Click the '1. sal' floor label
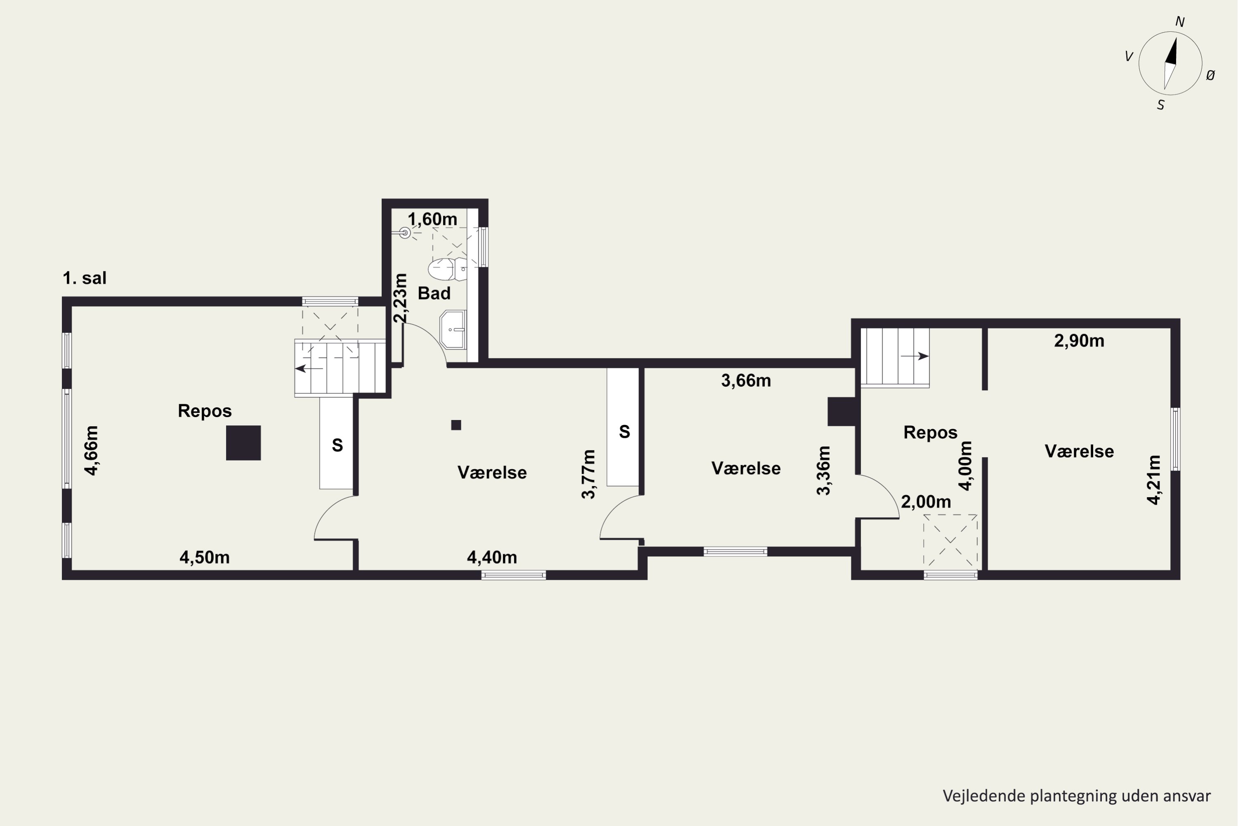[x=85, y=278]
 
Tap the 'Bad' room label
[x=434, y=293]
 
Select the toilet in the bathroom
[x=447, y=269]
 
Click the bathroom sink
[x=453, y=330]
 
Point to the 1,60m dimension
[x=432, y=219]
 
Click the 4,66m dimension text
[x=92, y=451]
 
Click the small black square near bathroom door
[x=456, y=425]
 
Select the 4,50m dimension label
[x=205, y=557]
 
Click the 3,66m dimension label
[x=746, y=380]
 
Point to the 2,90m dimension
[x=1079, y=341]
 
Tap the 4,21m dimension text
[x=1153, y=480]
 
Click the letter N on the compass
[x=1180, y=21]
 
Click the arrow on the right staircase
[x=915, y=357]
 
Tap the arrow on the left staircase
[x=309, y=369]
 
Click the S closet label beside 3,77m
[x=625, y=432]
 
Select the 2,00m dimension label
[x=926, y=502]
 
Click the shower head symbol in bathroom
[x=404, y=232]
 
